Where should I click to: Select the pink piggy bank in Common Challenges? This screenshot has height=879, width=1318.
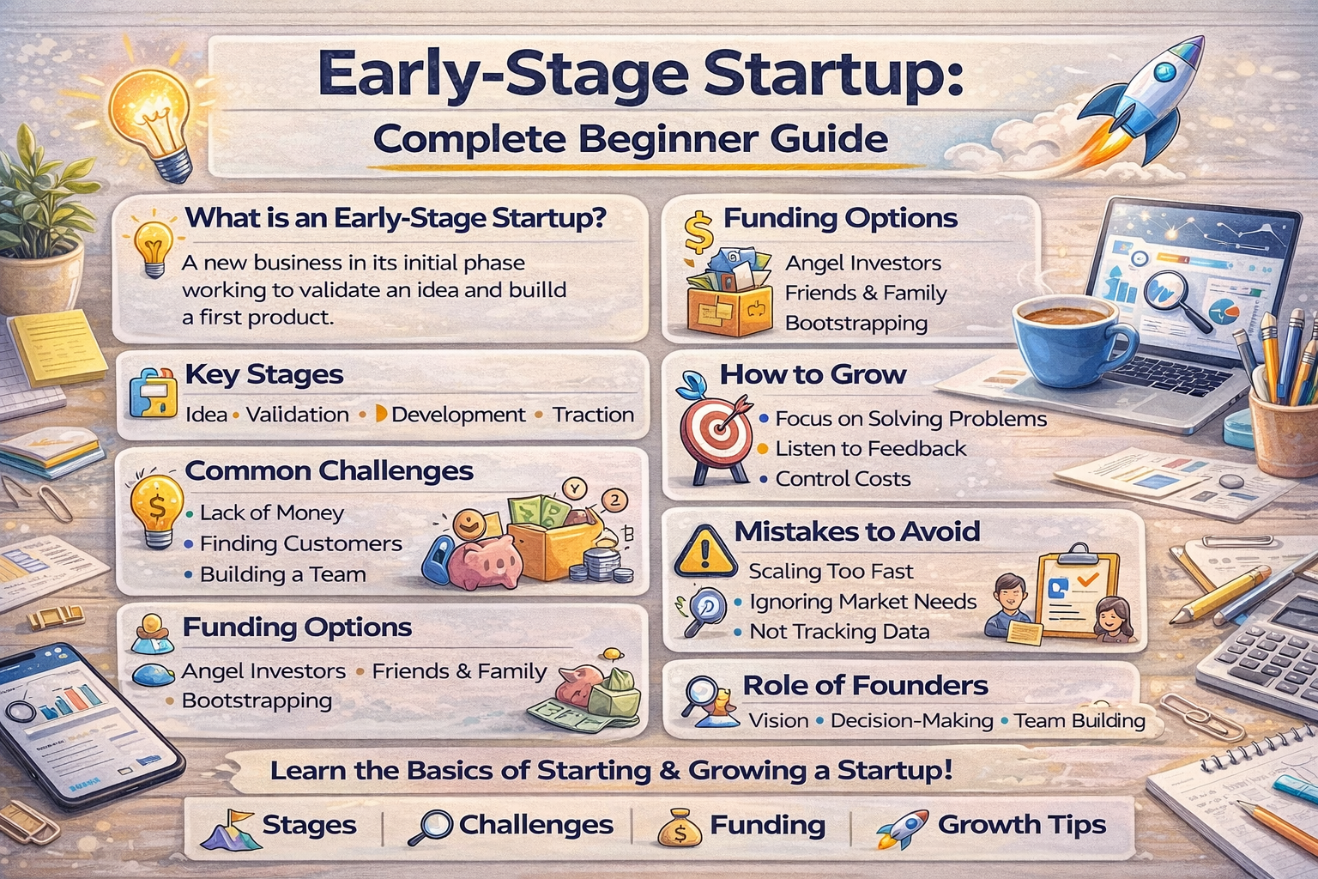point(485,558)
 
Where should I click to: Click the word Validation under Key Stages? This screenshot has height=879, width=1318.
point(297,415)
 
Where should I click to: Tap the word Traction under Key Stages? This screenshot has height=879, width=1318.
point(593,415)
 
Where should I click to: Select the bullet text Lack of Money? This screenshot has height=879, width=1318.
point(271,512)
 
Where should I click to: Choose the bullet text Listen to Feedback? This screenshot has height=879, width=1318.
point(870,448)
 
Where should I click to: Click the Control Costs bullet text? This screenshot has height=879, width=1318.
point(843,478)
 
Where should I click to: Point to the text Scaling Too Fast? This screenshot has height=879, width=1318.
point(831,571)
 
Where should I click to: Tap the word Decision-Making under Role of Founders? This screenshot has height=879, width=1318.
point(911,720)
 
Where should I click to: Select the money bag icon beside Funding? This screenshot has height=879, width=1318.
point(680,827)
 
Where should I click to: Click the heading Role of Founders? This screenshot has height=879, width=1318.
point(865,685)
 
